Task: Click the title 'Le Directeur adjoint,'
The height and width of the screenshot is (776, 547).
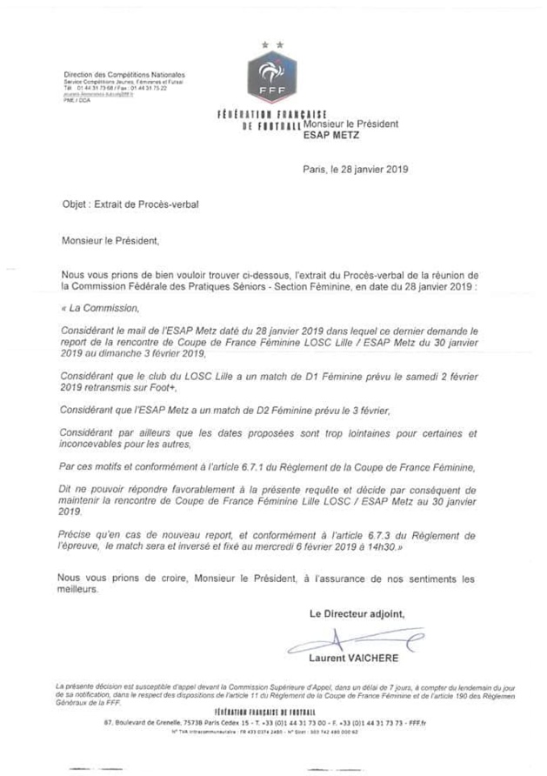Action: pyautogui.click(x=358, y=613)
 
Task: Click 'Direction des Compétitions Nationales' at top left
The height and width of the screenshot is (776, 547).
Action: pyautogui.click(x=123, y=75)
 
